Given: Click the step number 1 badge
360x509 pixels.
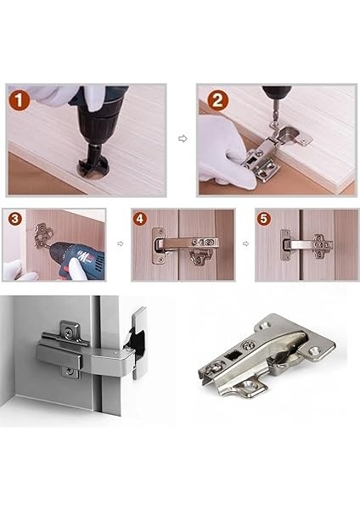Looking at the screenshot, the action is coord(20,100).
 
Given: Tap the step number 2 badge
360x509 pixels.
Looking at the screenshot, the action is coord(217,100).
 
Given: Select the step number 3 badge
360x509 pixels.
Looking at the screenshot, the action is coord(14,219).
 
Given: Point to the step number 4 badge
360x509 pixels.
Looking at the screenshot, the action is coord(139,219).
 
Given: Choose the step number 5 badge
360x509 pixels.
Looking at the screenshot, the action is coord(263,219).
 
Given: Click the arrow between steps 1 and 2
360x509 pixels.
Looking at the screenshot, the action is coord(183,138).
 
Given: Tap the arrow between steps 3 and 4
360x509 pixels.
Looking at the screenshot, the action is coord(121,243).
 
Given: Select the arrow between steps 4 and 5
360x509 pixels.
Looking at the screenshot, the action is coord(245,243).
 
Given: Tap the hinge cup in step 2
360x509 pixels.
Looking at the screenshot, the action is coord(290,132).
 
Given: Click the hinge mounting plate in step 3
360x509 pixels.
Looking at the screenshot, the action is coord(43,235).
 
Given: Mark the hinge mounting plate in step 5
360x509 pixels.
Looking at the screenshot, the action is coord(323,246).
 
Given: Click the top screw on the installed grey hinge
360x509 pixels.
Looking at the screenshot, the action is coord(69,331).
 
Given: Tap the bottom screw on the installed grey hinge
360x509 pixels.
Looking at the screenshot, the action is coord(67,371).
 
